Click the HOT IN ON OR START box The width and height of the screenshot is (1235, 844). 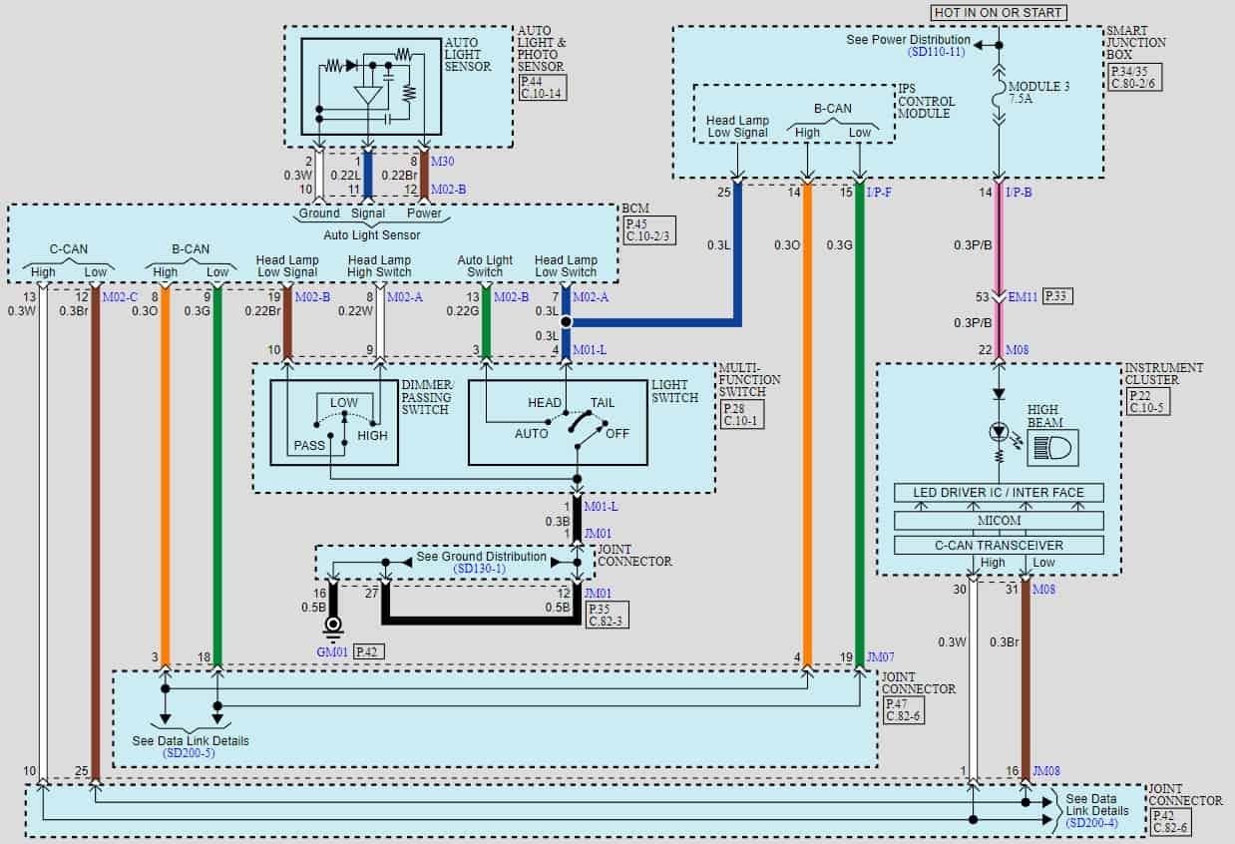click(999, 12)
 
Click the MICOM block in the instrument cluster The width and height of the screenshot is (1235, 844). click(1000, 520)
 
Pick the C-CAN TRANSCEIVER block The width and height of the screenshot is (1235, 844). click(1000, 546)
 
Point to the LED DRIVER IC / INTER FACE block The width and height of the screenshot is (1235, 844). click(1000, 493)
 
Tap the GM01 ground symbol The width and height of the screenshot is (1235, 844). click(332, 629)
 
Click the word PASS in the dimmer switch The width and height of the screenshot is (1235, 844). click(309, 446)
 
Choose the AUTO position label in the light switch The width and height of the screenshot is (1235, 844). click(532, 434)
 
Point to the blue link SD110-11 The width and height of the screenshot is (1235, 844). click(936, 52)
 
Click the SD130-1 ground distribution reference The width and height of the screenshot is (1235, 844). click(481, 569)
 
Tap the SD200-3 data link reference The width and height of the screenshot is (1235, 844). click(190, 753)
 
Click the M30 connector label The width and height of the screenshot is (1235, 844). click(445, 161)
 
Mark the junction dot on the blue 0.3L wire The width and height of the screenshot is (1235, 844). click(566, 322)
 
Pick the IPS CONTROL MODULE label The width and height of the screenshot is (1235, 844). click(927, 101)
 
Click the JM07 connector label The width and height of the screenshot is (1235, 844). click(879, 657)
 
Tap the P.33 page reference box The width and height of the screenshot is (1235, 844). click(1058, 297)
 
